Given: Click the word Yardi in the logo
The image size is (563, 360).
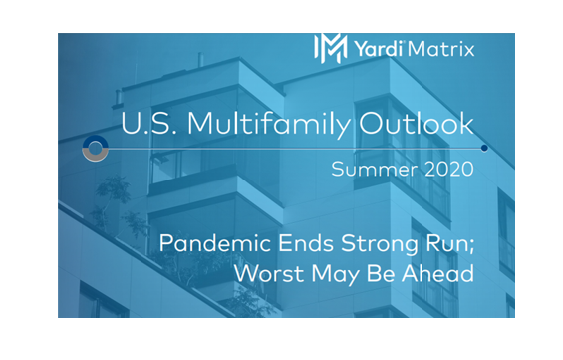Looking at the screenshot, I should [377, 47].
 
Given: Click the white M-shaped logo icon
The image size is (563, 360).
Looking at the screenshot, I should [330, 47].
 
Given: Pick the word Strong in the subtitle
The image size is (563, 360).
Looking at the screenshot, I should [372, 244].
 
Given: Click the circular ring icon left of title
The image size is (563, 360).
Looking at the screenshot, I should [96, 148].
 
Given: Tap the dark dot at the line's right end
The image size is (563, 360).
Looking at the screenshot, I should [484, 148].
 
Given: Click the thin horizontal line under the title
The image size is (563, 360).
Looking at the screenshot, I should [299, 148].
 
